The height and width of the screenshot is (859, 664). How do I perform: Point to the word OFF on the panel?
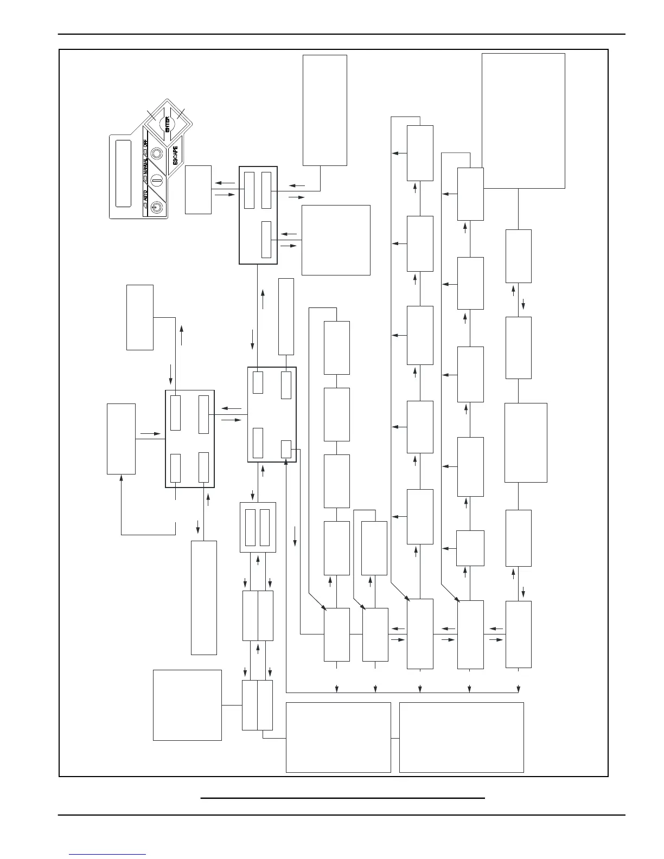[145, 142]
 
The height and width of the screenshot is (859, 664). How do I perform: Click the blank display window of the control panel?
[123, 174]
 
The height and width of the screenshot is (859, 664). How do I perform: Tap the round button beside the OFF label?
[158, 154]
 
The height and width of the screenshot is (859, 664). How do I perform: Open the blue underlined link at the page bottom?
[107, 854]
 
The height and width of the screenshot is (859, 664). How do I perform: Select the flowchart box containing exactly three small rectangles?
[258, 215]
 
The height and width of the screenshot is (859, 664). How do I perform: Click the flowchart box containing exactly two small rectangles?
[258, 527]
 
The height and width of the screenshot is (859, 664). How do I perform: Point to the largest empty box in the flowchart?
[523, 120]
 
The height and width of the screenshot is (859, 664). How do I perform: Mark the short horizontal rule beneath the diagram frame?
[342, 798]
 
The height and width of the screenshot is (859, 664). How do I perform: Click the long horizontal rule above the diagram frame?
[342, 34]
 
